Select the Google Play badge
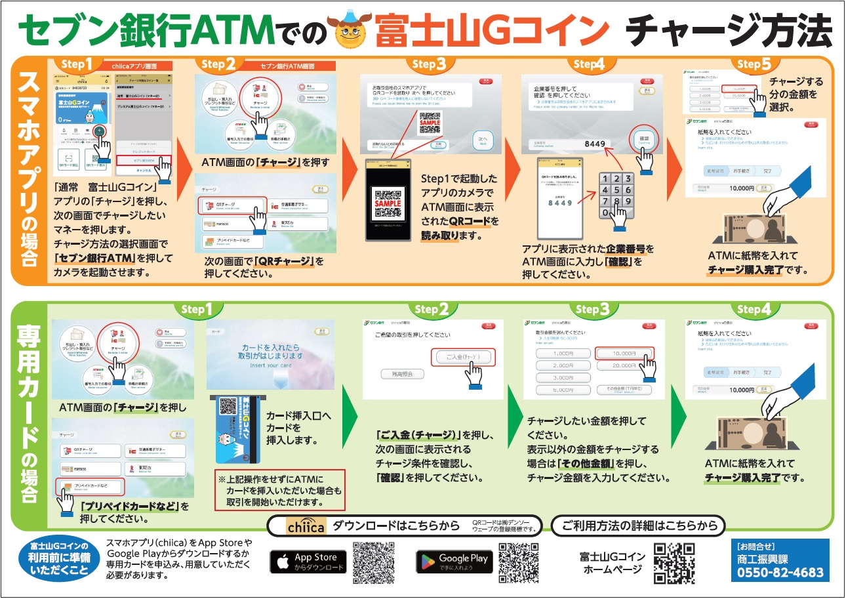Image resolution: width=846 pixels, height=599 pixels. [x=454, y=562]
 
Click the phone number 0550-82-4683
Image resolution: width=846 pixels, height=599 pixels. [x=780, y=571]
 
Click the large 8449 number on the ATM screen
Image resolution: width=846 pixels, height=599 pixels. [x=598, y=144]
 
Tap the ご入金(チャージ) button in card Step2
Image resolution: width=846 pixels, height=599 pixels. [x=464, y=358]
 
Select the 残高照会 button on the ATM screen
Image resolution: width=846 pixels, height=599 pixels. [x=402, y=373]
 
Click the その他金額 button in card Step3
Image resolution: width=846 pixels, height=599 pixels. [x=624, y=389]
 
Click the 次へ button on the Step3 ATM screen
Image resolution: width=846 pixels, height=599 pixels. [x=484, y=141]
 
